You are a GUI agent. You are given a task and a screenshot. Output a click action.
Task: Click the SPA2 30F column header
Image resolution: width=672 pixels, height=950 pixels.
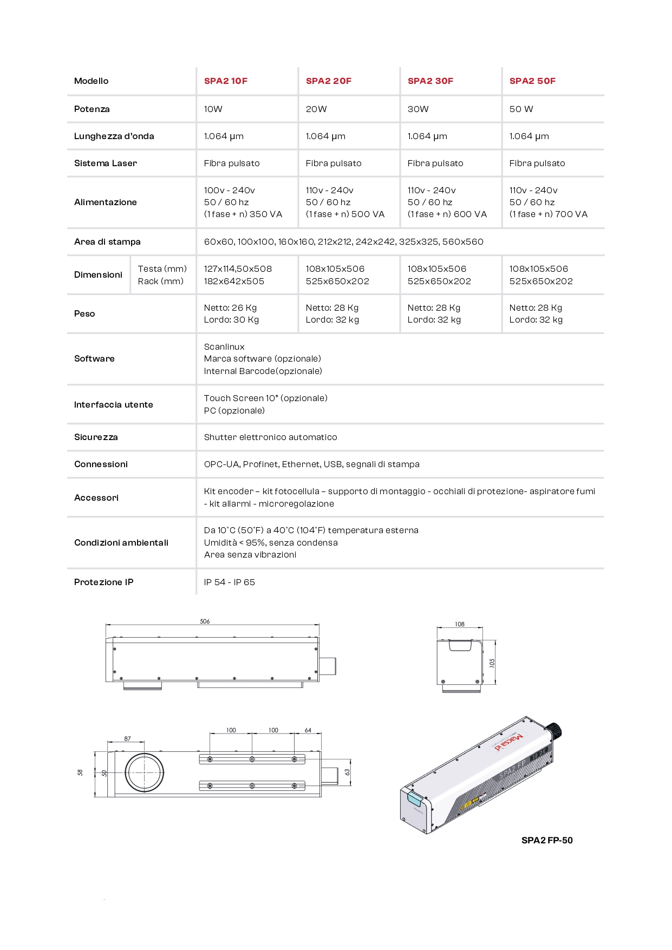click(x=430, y=81)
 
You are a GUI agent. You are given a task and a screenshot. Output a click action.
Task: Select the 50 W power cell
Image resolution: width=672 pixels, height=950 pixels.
click(x=521, y=109)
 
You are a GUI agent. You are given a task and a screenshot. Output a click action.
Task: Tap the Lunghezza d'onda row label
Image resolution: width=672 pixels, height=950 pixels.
click(x=114, y=136)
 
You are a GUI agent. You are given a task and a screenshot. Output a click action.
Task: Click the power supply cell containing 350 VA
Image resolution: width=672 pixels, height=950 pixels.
click(x=243, y=202)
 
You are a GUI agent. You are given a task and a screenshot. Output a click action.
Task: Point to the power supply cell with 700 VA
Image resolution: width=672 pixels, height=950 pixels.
click(x=548, y=202)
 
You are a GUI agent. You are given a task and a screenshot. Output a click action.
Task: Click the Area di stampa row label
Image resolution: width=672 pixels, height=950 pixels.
click(x=107, y=242)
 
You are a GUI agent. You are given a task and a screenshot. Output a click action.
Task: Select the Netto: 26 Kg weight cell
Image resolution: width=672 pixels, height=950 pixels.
click(x=230, y=308)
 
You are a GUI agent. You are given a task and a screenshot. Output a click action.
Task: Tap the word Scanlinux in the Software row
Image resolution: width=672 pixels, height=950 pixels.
click(x=224, y=347)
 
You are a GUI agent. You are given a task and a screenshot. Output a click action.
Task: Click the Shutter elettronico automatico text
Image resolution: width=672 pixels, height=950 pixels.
click(x=270, y=437)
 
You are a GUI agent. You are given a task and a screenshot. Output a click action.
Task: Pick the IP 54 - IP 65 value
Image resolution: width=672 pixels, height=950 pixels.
click(x=229, y=582)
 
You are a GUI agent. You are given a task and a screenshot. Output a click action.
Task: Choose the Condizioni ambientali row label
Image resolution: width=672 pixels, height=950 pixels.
click(x=121, y=543)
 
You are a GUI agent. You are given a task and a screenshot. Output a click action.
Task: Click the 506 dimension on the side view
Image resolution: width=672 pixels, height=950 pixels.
click(x=205, y=621)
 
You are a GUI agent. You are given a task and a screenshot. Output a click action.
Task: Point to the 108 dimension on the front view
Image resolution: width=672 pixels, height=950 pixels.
click(x=459, y=624)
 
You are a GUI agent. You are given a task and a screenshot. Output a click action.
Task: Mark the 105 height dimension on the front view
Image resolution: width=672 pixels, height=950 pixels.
click(x=492, y=663)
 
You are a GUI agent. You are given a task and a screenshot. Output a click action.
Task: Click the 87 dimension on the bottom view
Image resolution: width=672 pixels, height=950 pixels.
click(x=127, y=738)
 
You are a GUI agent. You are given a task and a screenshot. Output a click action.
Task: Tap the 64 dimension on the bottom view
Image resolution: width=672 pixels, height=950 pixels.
click(x=308, y=730)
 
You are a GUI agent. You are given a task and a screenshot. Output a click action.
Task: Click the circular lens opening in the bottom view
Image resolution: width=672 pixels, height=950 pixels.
click(x=144, y=773)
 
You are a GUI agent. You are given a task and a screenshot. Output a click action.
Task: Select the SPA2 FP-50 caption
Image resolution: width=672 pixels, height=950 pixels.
click(x=546, y=841)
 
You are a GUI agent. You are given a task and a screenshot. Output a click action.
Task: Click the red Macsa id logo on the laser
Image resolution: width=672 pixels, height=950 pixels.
click(x=508, y=742)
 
